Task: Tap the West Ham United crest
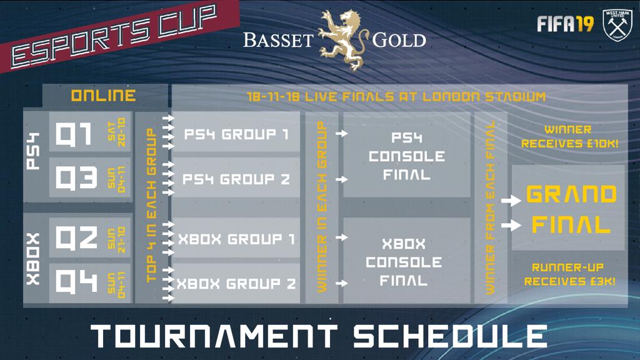pyautogui.click(x=617, y=25)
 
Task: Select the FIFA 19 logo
pyautogui.click(x=565, y=24)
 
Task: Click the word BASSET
pyautogui.click(x=278, y=41)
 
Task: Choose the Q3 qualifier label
pyautogui.click(x=76, y=177)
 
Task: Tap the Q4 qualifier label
pyautogui.click(x=76, y=282)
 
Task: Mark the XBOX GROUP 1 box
pyautogui.click(x=236, y=238)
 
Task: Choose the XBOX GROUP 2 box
pyautogui.click(x=236, y=283)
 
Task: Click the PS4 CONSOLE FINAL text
pyautogui.click(x=406, y=156)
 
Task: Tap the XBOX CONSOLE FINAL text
pyautogui.click(x=404, y=262)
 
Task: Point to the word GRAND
pyautogui.click(x=571, y=194)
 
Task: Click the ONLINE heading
pyautogui.click(x=103, y=96)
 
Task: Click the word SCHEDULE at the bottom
pyautogui.click(x=450, y=336)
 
